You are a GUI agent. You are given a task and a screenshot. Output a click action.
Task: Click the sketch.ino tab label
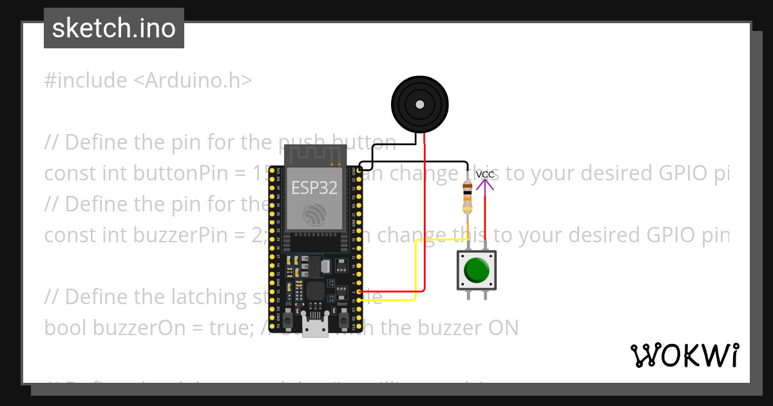pyautogui.click(x=114, y=28)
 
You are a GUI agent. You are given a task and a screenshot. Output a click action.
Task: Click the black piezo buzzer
pyautogui.click(x=420, y=104)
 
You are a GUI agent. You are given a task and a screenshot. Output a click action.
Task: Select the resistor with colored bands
pyautogui.click(x=467, y=197)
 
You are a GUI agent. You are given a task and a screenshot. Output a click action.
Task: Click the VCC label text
pyautogui.click(x=485, y=175)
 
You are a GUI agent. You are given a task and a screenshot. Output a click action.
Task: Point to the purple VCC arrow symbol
pyautogui.click(x=485, y=185)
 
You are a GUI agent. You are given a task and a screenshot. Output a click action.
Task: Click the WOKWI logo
pyautogui.click(x=684, y=355)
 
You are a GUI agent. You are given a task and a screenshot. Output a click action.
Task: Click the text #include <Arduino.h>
pyautogui.click(x=148, y=81)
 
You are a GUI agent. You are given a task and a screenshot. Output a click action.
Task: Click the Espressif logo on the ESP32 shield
pyautogui.click(x=315, y=215)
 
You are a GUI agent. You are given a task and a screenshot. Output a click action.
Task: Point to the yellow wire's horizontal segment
pyautogui.click(x=444, y=240)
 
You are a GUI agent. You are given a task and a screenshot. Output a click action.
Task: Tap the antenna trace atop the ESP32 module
pyautogui.click(x=315, y=155)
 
